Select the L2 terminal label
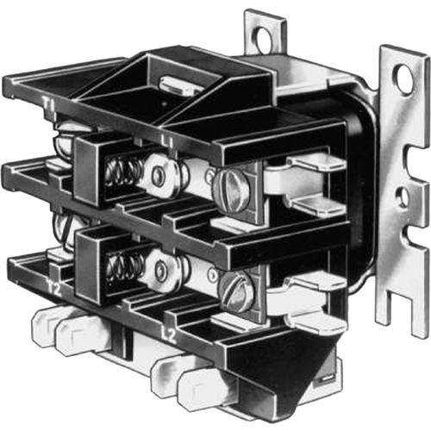pyautogui.click(x=170, y=335)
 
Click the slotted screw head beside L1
pyautogui.click(x=231, y=190)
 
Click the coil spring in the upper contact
pyautogui.click(x=123, y=172)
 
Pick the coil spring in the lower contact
pyautogui.click(x=125, y=268)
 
